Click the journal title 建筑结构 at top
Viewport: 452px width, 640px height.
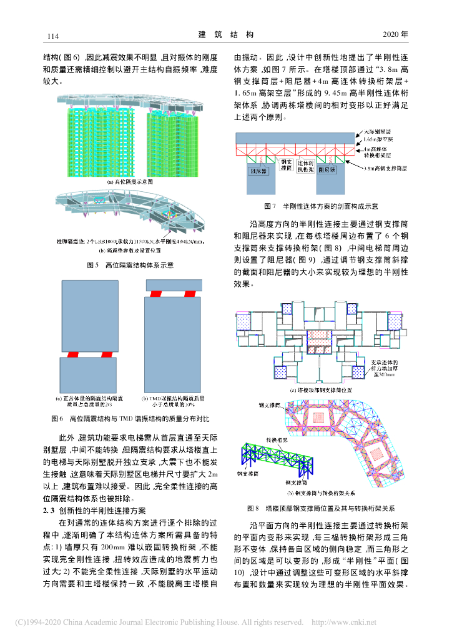(x=226, y=34)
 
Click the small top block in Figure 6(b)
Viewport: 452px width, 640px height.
(x=174, y=284)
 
